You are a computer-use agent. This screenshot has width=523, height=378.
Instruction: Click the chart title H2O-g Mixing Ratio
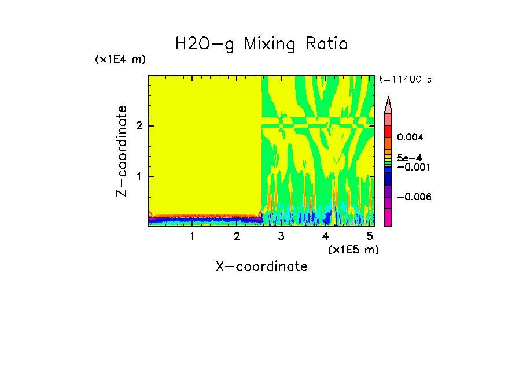[x=261, y=44]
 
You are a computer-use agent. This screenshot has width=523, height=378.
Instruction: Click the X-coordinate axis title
[x=261, y=266]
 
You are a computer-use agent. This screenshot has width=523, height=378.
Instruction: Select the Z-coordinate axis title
[x=121, y=151]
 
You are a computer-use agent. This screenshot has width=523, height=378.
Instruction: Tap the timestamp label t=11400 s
[x=405, y=80]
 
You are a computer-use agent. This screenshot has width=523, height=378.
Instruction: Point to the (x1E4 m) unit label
[x=120, y=60]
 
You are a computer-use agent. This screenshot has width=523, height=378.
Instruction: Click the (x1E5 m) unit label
[x=353, y=249]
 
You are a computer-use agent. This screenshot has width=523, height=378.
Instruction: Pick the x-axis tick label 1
[x=192, y=236]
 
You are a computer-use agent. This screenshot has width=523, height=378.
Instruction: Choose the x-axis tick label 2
[x=237, y=236]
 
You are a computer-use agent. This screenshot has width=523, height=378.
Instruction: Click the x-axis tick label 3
[x=281, y=236]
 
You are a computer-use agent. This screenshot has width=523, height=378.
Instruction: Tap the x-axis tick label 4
[x=325, y=236]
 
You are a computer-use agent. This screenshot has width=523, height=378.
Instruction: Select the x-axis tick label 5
[x=370, y=236]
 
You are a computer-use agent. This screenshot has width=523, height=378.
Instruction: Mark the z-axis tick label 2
[x=138, y=126]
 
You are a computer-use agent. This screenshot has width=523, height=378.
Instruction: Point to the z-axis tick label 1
[x=138, y=176]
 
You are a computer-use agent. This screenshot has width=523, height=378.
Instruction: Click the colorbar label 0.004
[x=411, y=138]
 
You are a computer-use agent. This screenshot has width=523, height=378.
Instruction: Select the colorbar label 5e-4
[x=409, y=157]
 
